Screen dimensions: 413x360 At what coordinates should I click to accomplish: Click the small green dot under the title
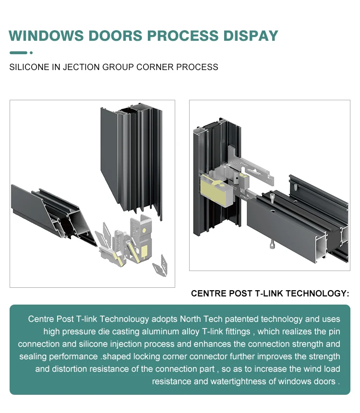(31, 53)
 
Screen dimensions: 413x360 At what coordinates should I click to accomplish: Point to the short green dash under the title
(18, 53)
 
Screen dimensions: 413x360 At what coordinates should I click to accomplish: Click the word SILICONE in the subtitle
(29, 67)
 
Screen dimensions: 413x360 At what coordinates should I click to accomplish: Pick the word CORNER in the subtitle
(155, 67)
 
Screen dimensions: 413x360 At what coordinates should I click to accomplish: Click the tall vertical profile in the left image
(132, 158)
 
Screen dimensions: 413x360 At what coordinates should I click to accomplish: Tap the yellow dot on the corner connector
(143, 229)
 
